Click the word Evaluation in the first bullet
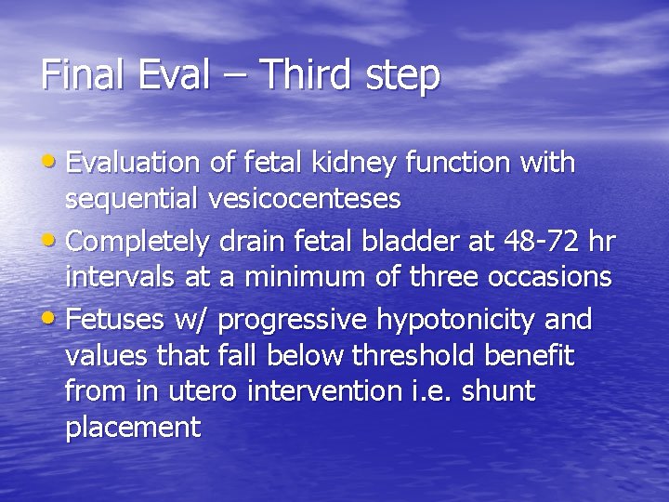(134, 163)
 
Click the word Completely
(140, 243)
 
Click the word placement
(133, 427)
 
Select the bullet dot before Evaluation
(52, 162)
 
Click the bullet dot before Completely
(52, 241)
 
